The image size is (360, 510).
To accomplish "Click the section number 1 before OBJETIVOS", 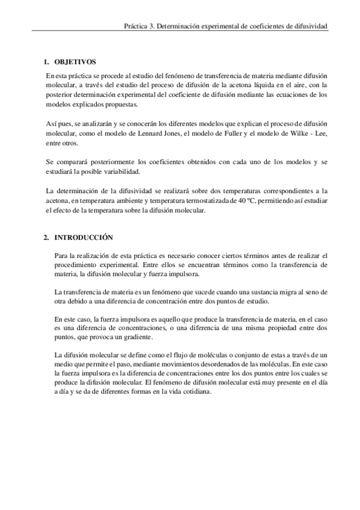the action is pyautogui.click(x=46, y=62).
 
